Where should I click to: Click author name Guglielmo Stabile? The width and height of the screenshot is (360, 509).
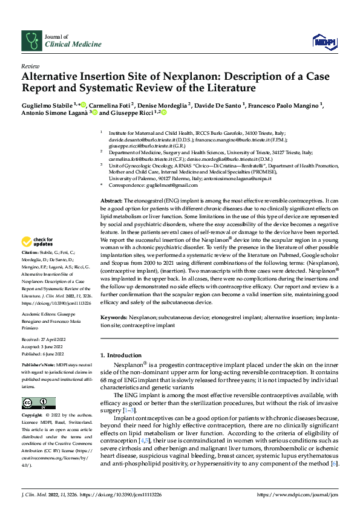pyautogui.click(x=47, y=105)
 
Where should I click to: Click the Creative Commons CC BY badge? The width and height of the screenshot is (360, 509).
pyautogui.click(x=38, y=403)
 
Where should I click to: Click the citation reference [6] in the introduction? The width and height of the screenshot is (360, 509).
pyautogui.click(x=334, y=463)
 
